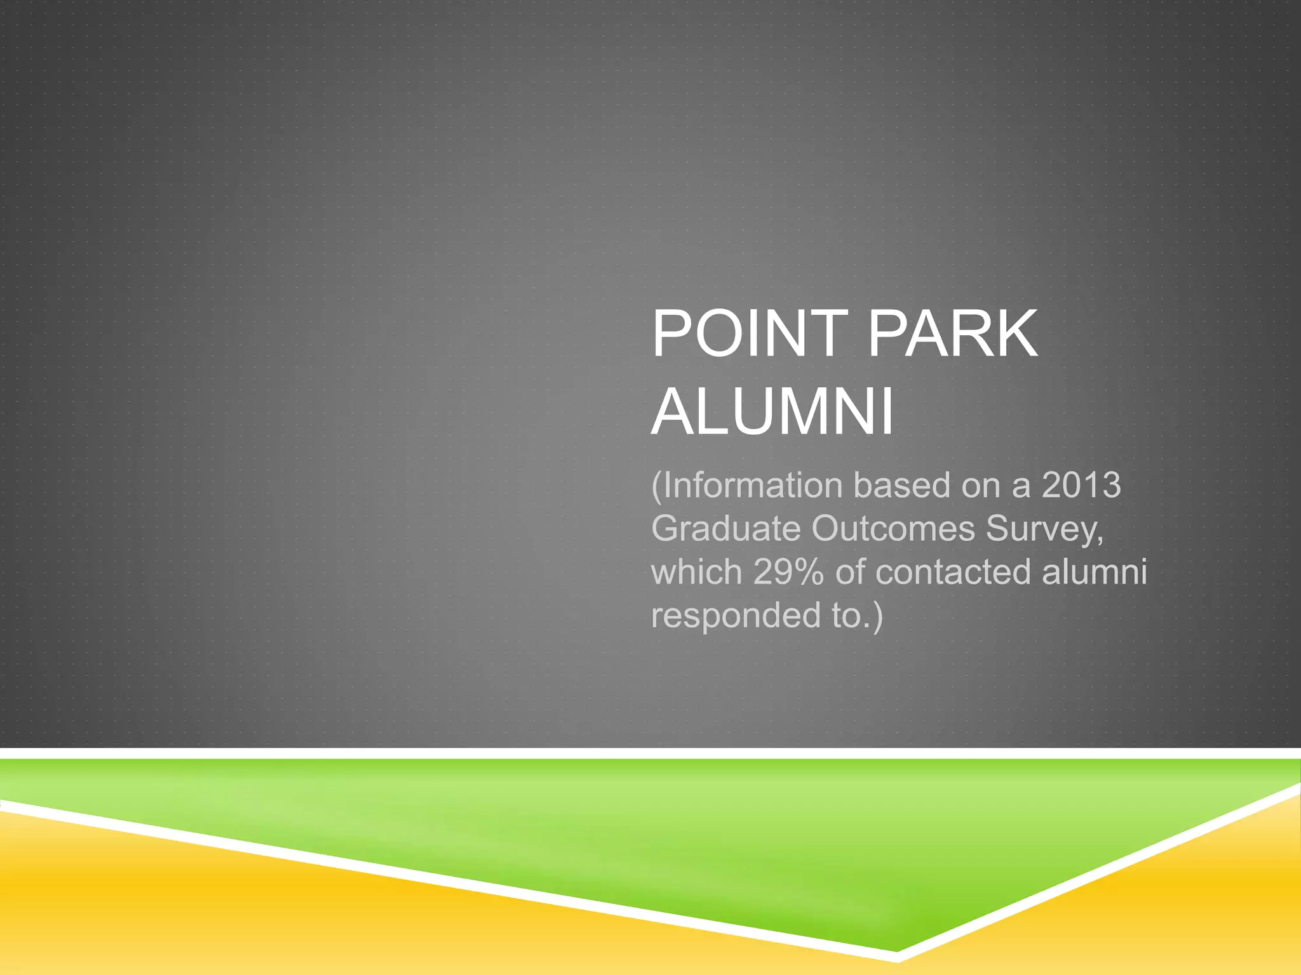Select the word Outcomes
893,528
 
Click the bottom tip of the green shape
896,950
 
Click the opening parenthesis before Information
657,486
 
